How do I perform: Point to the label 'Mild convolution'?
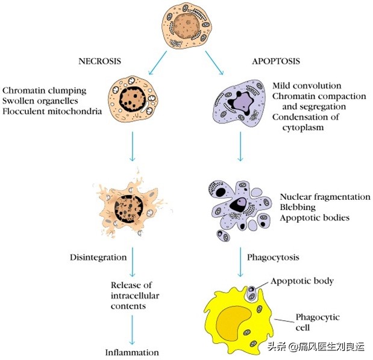[307, 86]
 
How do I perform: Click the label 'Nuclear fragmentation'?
[325, 197]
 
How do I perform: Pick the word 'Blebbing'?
[297, 206]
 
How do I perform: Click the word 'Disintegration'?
[97, 257]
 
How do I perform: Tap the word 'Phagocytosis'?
[274, 257]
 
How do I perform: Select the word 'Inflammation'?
[132, 352]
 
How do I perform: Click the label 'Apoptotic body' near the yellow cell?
[302, 281]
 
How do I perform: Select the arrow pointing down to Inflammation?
[133, 328]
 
